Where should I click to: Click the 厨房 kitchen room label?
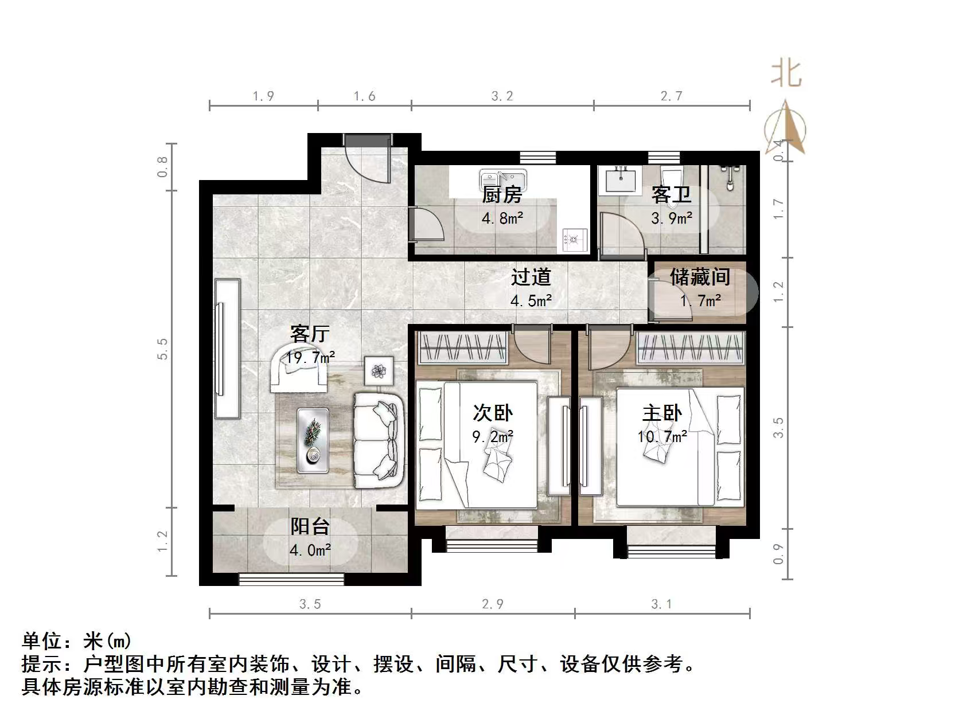point(502,195)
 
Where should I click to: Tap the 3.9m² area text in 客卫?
point(671,218)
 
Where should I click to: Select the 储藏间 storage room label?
point(700,277)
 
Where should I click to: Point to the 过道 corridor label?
point(531,277)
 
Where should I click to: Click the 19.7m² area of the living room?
point(310,358)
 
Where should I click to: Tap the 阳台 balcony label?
point(310,526)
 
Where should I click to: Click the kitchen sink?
point(503,179)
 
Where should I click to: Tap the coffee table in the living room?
point(313,440)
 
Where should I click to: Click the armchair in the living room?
point(298,367)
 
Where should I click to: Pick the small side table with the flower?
point(379,371)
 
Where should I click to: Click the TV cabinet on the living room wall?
point(227,349)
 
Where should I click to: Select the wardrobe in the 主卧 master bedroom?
point(690,348)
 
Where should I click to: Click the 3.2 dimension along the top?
point(502,96)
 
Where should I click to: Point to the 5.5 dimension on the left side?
point(163,349)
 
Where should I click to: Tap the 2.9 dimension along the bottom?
point(492,604)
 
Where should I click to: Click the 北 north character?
point(786,75)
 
